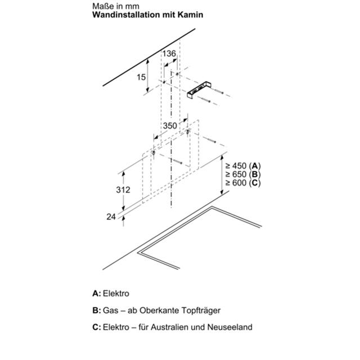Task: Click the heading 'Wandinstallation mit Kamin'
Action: pos(147,15)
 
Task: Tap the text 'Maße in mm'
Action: pos(116,6)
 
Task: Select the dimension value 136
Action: pos(169,53)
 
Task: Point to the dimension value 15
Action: pos(141,77)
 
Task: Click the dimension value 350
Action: pos(170,126)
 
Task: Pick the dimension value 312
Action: pos(123,190)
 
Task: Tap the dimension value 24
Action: pos(111,217)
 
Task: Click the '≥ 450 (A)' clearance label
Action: pos(243,166)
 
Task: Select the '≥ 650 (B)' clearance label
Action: pos(243,174)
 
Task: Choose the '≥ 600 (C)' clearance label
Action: pos(243,183)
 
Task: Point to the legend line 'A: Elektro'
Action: pos(111,294)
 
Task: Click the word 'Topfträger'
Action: pos(201,310)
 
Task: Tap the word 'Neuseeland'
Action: pos(230,327)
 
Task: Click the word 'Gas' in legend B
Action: pos(109,310)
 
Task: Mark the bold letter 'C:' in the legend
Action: pos(97,327)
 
